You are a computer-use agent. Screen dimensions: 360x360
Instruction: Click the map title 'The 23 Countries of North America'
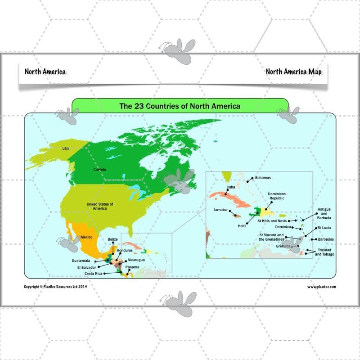[x=180, y=106]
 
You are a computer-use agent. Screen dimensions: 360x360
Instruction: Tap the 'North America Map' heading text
[x=293, y=72]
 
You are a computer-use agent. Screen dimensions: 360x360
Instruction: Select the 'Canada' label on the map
[x=100, y=169]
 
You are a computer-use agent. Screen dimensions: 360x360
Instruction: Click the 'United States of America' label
[x=100, y=206]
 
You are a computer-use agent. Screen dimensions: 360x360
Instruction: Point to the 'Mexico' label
[x=86, y=237]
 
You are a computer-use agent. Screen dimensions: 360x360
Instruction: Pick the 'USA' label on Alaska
[x=66, y=148]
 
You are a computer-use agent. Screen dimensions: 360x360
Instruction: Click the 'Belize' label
[x=113, y=239]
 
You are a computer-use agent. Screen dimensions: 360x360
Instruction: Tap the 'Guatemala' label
[x=81, y=261]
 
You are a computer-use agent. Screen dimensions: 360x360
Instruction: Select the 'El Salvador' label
[x=86, y=267]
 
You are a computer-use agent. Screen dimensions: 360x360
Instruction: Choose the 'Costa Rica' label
[x=93, y=273]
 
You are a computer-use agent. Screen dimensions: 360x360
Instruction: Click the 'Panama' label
[x=133, y=267]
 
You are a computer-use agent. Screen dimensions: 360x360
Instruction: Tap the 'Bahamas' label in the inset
[x=263, y=178]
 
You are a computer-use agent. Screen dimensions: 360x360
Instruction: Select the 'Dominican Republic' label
[x=277, y=196]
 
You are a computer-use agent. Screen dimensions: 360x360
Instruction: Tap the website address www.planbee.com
[x=321, y=286]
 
